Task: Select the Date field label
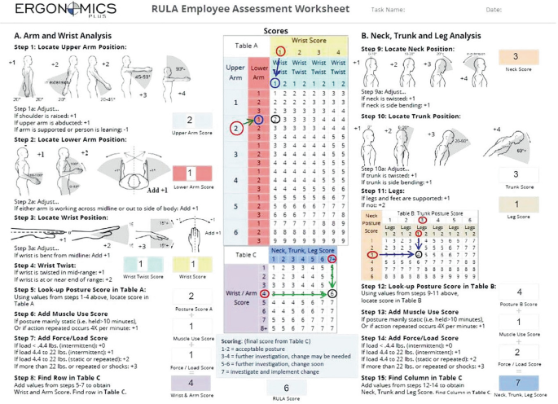[x=494, y=10]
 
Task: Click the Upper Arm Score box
[x=191, y=121]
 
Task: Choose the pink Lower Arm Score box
[x=191, y=173]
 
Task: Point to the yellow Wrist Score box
[x=192, y=264]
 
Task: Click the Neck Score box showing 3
[x=514, y=57]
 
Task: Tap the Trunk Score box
[x=514, y=174]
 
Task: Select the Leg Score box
[x=514, y=205]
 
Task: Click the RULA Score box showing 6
[x=286, y=389]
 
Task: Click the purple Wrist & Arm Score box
[x=191, y=383]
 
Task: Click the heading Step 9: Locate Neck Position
[x=408, y=47]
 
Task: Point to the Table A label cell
[x=246, y=46]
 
